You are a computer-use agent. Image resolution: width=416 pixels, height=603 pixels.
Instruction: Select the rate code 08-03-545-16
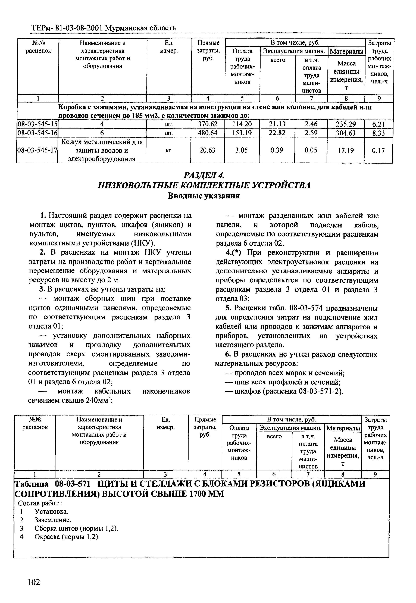37,133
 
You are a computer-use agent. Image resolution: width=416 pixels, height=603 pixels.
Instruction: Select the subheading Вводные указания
204,196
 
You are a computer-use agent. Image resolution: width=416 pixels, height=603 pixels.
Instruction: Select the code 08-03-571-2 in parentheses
319,392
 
